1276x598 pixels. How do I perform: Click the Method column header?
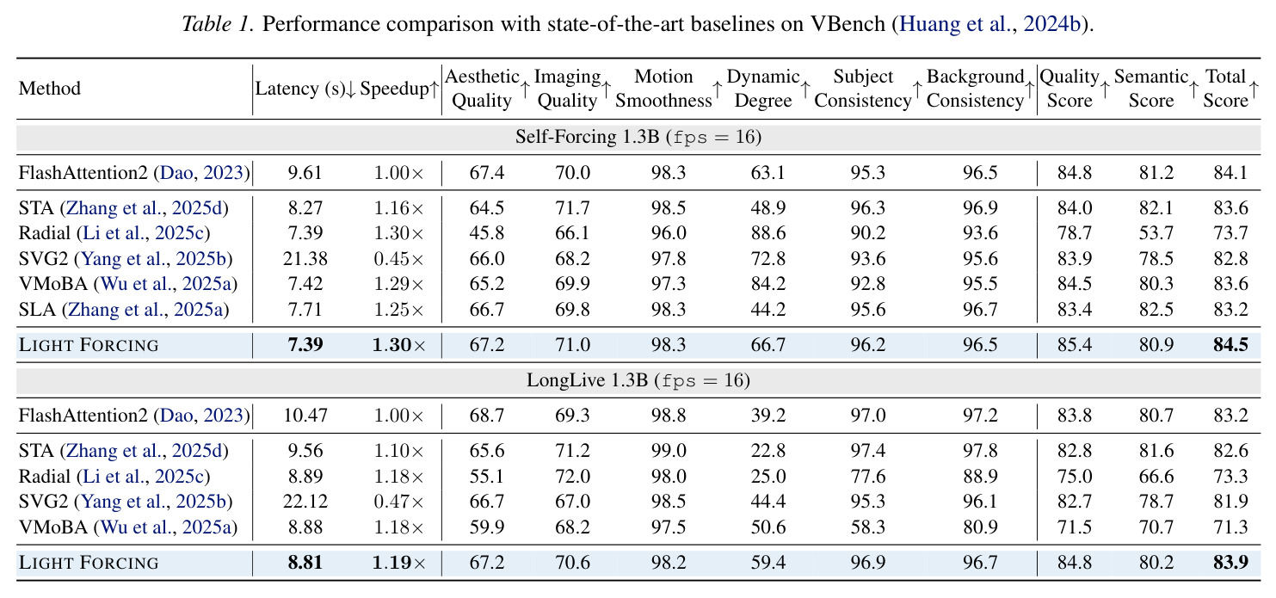coord(50,89)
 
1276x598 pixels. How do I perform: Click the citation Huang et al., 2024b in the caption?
coord(990,24)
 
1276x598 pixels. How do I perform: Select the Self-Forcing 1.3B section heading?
coord(638,138)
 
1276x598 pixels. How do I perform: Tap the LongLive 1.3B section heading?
coord(638,379)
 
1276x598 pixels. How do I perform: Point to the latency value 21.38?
coord(305,259)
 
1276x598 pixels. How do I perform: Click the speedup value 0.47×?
coord(398,502)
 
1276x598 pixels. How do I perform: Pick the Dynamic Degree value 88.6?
coord(767,233)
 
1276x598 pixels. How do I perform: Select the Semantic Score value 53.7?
coord(1156,233)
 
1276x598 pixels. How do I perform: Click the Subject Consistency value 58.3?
coord(867,527)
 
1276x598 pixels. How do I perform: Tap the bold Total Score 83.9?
coord(1230,563)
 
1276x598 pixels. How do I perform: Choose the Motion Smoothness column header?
coord(663,89)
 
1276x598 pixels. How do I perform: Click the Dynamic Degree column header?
coord(763,89)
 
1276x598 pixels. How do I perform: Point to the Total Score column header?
coord(1225,89)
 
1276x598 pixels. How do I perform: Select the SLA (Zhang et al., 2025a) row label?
coord(124,310)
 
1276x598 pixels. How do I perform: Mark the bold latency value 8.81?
coord(305,563)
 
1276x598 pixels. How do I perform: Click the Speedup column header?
coord(394,89)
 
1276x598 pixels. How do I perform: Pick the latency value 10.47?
coord(305,416)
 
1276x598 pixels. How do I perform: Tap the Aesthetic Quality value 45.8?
coord(486,233)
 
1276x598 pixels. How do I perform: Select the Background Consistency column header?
coord(975,89)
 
